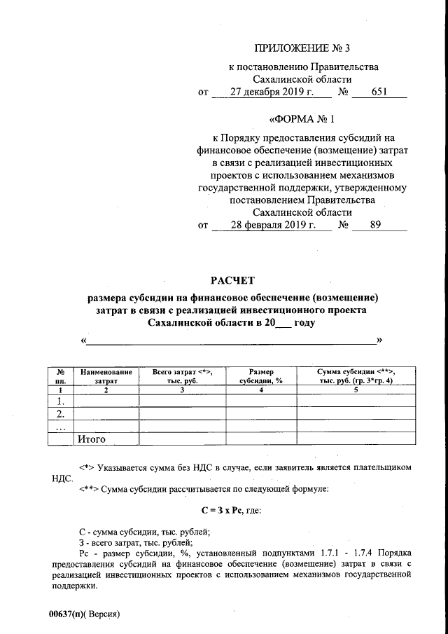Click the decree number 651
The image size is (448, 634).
pyautogui.click(x=379, y=92)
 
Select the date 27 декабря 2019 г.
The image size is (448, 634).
pyautogui.click(x=271, y=92)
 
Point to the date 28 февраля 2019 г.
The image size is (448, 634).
pyautogui.click(x=271, y=226)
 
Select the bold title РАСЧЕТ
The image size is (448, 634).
pyautogui.click(x=232, y=281)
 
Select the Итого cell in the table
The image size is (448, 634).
pyautogui.click(x=90, y=439)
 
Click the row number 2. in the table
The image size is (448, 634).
pyautogui.click(x=60, y=414)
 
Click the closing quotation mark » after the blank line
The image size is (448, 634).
pyautogui.click(x=380, y=340)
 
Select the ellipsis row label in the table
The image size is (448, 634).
pyautogui.click(x=60, y=427)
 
